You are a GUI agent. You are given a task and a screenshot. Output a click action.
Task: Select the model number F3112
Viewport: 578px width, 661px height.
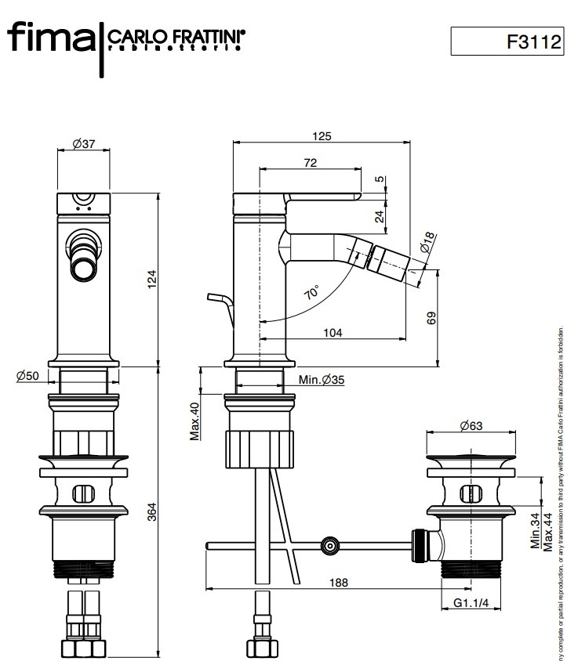pyautogui.click(x=535, y=42)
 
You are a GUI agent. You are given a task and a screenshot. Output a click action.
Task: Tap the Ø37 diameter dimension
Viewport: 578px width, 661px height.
pyautogui.click(x=83, y=143)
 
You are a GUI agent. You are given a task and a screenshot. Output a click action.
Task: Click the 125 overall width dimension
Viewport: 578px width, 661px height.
pyautogui.click(x=322, y=135)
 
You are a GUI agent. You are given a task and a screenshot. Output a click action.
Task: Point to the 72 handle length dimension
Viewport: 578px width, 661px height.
pyautogui.click(x=310, y=162)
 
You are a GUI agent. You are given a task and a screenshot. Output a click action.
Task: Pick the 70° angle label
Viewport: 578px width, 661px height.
pyautogui.click(x=311, y=293)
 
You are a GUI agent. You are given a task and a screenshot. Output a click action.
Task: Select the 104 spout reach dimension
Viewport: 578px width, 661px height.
pyautogui.click(x=333, y=333)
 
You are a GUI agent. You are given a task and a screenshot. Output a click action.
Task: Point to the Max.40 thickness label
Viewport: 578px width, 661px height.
pyautogui.click(x=195, y=421)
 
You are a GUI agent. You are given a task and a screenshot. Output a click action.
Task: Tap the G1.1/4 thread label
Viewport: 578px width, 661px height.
pyautogui.click(x=472, y=603)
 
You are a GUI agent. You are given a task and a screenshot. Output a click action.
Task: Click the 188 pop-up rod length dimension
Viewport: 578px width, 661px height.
pyautogui.click(x=339, y=583)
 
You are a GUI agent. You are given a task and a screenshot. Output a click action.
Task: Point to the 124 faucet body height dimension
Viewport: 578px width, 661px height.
pyautogui.click(x=152, y=278)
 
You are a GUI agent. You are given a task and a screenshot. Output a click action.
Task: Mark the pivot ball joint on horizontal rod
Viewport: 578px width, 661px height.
pyautogui.click(x=330, y=545)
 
